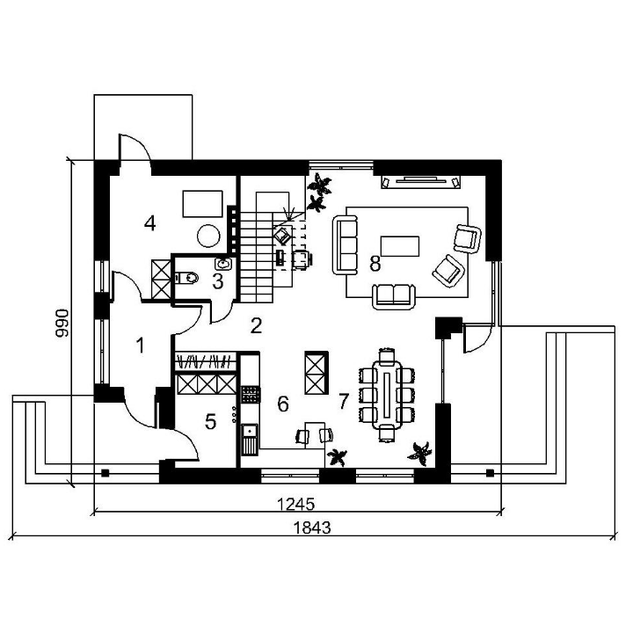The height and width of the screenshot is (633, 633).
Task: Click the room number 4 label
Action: click(x=149, y=223)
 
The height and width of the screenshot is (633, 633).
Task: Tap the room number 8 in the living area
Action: click(x=375, y=264)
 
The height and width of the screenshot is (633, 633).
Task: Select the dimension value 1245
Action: click(x=295, y=505)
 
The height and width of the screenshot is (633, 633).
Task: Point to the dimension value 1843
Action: click(x=311, y=527)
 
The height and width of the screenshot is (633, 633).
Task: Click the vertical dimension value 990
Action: click(x=62, y=323)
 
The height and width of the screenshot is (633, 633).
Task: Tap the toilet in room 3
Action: click(x=187, y=278)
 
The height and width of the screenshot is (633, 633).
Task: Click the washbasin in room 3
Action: click(x=223, y=264)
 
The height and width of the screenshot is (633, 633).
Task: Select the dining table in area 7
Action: click(x=387, y=394)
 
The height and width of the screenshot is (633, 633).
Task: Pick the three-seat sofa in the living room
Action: click(x=346, y=245)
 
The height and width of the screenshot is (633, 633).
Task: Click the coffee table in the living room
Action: click(x=400, y=246)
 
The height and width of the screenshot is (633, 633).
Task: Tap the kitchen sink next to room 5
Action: click(x=250, y=440)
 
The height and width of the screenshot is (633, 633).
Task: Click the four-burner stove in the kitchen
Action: click(x=251, y=394)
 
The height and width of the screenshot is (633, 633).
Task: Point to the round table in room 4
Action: click(x=209, y=236)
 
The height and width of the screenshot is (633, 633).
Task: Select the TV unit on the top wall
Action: click(x=421, y=181)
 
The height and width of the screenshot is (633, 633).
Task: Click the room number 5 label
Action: click(x=210, y=422)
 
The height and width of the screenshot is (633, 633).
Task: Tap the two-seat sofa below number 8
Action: click(x=394, y=297)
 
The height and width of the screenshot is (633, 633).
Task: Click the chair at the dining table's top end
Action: click(x=387, y=356)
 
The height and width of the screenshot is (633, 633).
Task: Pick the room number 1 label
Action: click(x=140, y=346)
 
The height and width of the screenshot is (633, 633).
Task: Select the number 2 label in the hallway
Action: click(x=257, y=325)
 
